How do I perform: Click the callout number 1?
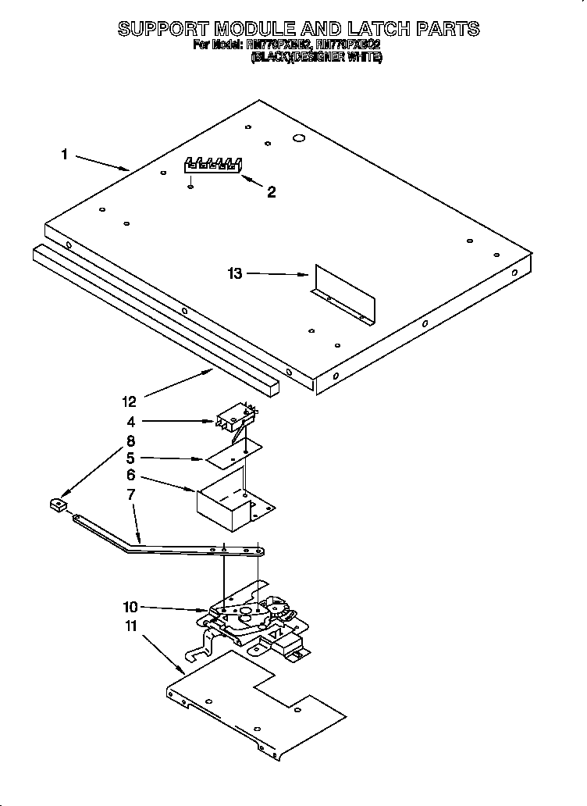(65, 155)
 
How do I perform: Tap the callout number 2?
(271, 192)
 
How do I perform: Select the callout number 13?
(235, 273)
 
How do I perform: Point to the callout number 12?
(130, 401)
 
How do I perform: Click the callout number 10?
(130, 607)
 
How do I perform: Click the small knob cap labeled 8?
(55, 507)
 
